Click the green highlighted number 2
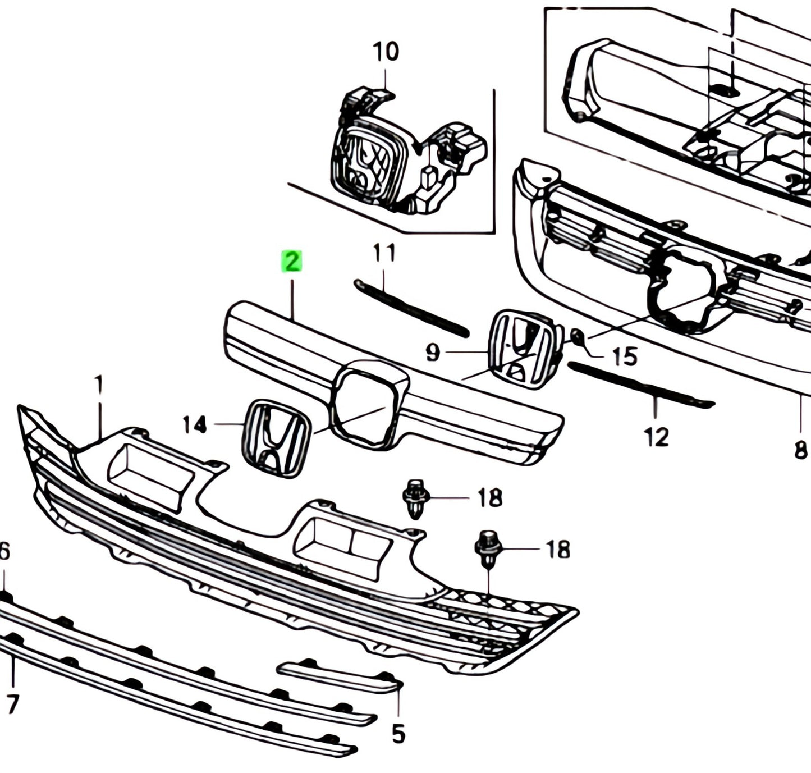click(x=291, y=262)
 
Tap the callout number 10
click(x=386, y=52)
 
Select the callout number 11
click(x=384, y=253)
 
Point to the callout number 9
click(x=433, y=353)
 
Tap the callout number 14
click(x=195, y=425)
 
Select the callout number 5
click(x=398, y=733)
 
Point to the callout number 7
click(x=12, y=703)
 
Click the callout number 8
click(x=801, y=449)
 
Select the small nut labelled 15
click(x=578, y=338)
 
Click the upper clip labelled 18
click(x=415, y=497)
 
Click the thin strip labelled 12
click(x=640, y=384)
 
